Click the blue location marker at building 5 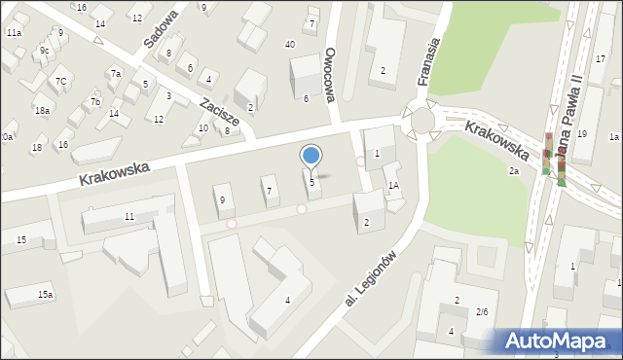(311, 155)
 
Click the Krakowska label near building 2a (496, 140)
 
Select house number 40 (290, 45)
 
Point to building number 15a (45, 294)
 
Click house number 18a (42, 111)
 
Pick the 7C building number (60, 81)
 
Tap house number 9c (44, 50)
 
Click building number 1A (393, 185)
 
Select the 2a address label (513, 171)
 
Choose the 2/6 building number (482, 312)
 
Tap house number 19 (581, 133)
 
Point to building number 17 (601, 59)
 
